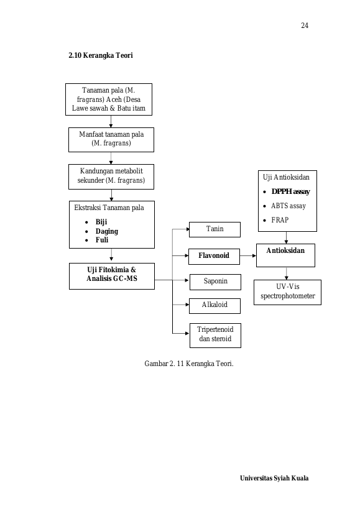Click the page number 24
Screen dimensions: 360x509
[x=305, y=25]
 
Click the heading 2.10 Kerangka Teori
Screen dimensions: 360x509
[x=101, y=55]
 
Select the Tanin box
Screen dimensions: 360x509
[x=215, y=229]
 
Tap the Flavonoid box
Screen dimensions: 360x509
[x=214, y=257]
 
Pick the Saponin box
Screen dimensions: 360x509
[x=215, y=282]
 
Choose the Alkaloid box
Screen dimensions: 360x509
[x=215, y=306]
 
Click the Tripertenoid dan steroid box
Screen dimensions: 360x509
[x=215, y=336]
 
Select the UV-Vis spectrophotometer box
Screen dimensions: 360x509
[x=287, y=292]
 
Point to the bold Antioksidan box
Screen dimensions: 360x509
[x=285, y=255]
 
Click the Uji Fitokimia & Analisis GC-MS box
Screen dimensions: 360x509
[x=112, y=276]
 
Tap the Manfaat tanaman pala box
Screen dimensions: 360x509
[x=111, y=140]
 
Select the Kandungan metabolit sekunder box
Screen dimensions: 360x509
[x=111, y=177]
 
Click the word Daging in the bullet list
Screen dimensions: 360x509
[x=106, y=231]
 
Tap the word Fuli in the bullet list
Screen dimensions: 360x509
[x=101, y=240]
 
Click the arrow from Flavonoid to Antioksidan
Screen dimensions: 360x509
[x=248, y=256]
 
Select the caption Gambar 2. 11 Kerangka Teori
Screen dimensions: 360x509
[x=189, y=364]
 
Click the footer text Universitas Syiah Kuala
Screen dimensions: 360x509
[x=274, y=478]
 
